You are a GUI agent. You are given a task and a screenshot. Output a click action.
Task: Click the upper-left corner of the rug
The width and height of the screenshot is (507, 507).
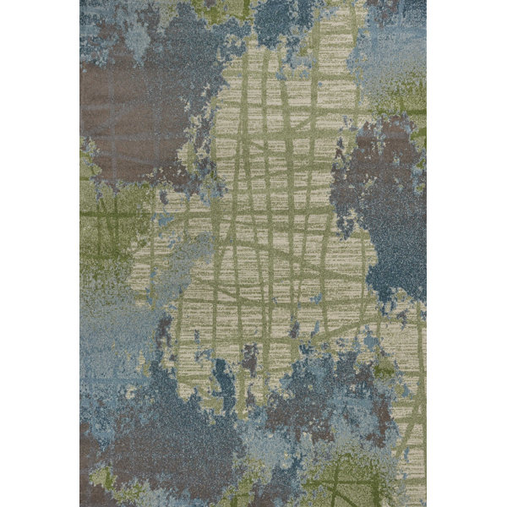(x=81, y=1)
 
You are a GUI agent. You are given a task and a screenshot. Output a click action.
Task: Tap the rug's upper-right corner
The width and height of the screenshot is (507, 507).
(x=426, y=1)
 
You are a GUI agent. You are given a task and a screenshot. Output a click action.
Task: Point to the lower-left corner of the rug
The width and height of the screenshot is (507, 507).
(x=81, y=505)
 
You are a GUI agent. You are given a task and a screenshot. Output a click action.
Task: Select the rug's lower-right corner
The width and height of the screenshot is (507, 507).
(x=426, y=505)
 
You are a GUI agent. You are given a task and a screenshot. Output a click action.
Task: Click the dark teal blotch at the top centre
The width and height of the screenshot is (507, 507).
(x=279, y=21)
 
